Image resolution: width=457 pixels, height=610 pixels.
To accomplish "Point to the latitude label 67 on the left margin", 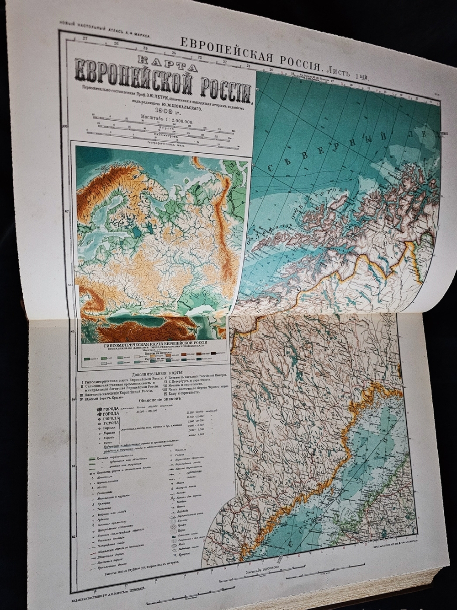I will [67, 211].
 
